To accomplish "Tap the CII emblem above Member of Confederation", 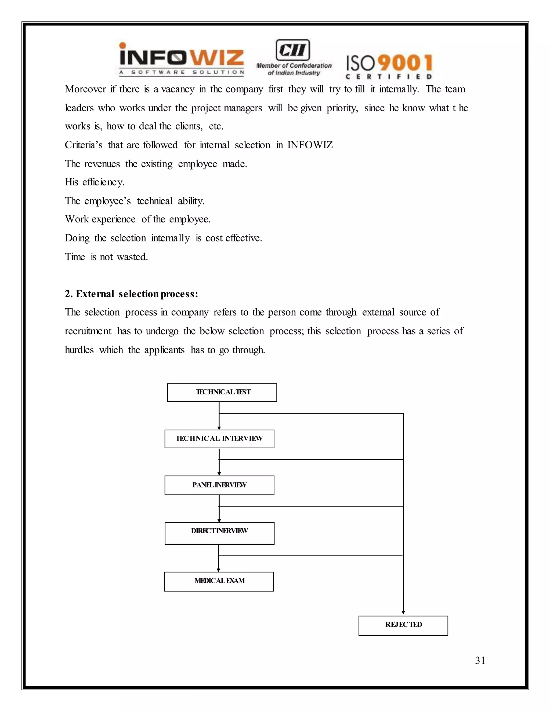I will coord(293,50).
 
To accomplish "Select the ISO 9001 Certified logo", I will coord(389,67).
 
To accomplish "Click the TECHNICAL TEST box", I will coord(222,392).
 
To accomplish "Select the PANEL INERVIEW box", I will coord(219,485).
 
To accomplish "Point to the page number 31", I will coord(480,660).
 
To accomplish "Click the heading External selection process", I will coord(131,294).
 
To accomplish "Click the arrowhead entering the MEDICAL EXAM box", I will coord(218,570).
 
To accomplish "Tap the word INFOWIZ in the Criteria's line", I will coord(310,145).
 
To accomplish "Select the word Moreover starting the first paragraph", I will coord(85,89).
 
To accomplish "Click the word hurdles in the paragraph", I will coord(79,350).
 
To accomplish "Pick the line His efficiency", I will coord(95,182).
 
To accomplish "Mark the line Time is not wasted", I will coord(106,257).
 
